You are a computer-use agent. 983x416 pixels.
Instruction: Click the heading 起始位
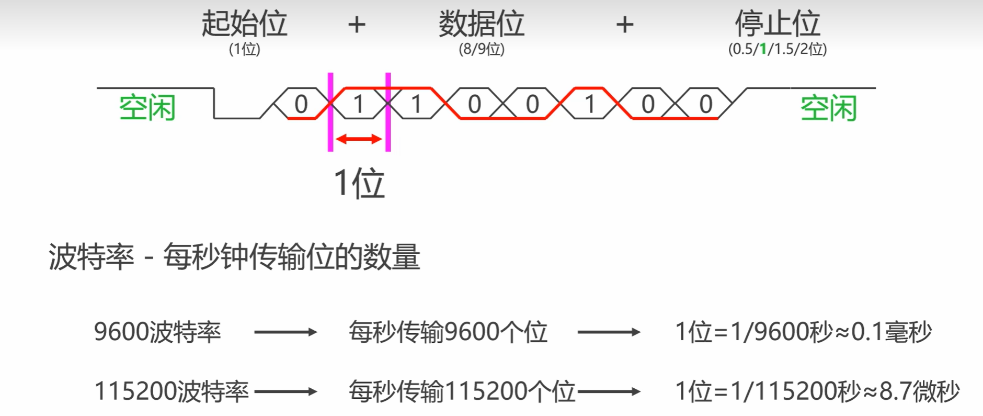tap(244, 24)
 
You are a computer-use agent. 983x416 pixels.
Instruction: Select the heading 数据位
tap(481, 24)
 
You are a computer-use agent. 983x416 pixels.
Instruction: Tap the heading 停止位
tap(778, 24)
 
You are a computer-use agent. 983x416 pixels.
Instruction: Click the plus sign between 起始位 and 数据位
tap(357, 25)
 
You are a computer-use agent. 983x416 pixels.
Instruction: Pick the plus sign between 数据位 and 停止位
tap(625, 25)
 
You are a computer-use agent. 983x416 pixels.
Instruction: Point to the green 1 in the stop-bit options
tap(763, 49)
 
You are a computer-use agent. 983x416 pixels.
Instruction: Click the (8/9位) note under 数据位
tap(482, 49)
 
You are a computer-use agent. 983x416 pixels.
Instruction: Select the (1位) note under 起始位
tap(244, 49)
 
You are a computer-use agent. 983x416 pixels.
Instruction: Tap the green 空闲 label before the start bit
tap(147, 108)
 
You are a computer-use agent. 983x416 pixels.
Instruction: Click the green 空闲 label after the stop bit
tap(828, 108)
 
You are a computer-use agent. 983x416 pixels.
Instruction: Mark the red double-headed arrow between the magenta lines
tap(359, 139)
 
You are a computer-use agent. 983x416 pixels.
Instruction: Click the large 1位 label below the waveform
tap(359, 183)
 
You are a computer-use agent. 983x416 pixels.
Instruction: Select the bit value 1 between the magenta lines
tap(359, 104)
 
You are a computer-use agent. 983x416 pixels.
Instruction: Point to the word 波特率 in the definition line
tap(91, 257)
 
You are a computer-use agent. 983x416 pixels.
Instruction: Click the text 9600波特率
tap(157, 332)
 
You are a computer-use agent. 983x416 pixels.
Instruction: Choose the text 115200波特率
tap(171, 391)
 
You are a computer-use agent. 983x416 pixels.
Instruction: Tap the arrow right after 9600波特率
tap(285, 332)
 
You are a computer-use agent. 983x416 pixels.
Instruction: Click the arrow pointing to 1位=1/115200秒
tap(609, 391)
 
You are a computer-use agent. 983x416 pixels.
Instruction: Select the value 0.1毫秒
tap(891, 332)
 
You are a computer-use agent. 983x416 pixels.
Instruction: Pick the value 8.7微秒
tap(919, 391)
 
